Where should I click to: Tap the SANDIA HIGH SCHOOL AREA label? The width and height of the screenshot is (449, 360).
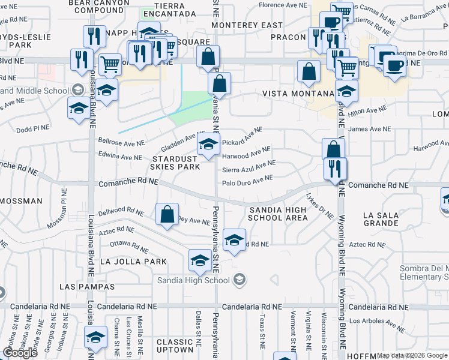(278, 213)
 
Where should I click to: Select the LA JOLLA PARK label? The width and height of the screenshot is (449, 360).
(133, 262)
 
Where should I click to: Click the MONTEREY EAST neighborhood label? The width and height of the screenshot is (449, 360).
(247, 25)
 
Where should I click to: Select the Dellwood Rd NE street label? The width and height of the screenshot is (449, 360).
(121, 212)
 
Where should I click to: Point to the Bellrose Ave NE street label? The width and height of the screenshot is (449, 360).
(121, 143)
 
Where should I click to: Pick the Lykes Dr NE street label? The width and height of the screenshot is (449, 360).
(319, 206)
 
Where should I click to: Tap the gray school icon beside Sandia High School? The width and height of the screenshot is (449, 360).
(240, 280)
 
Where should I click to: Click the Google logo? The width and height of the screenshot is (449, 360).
(20, 352)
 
